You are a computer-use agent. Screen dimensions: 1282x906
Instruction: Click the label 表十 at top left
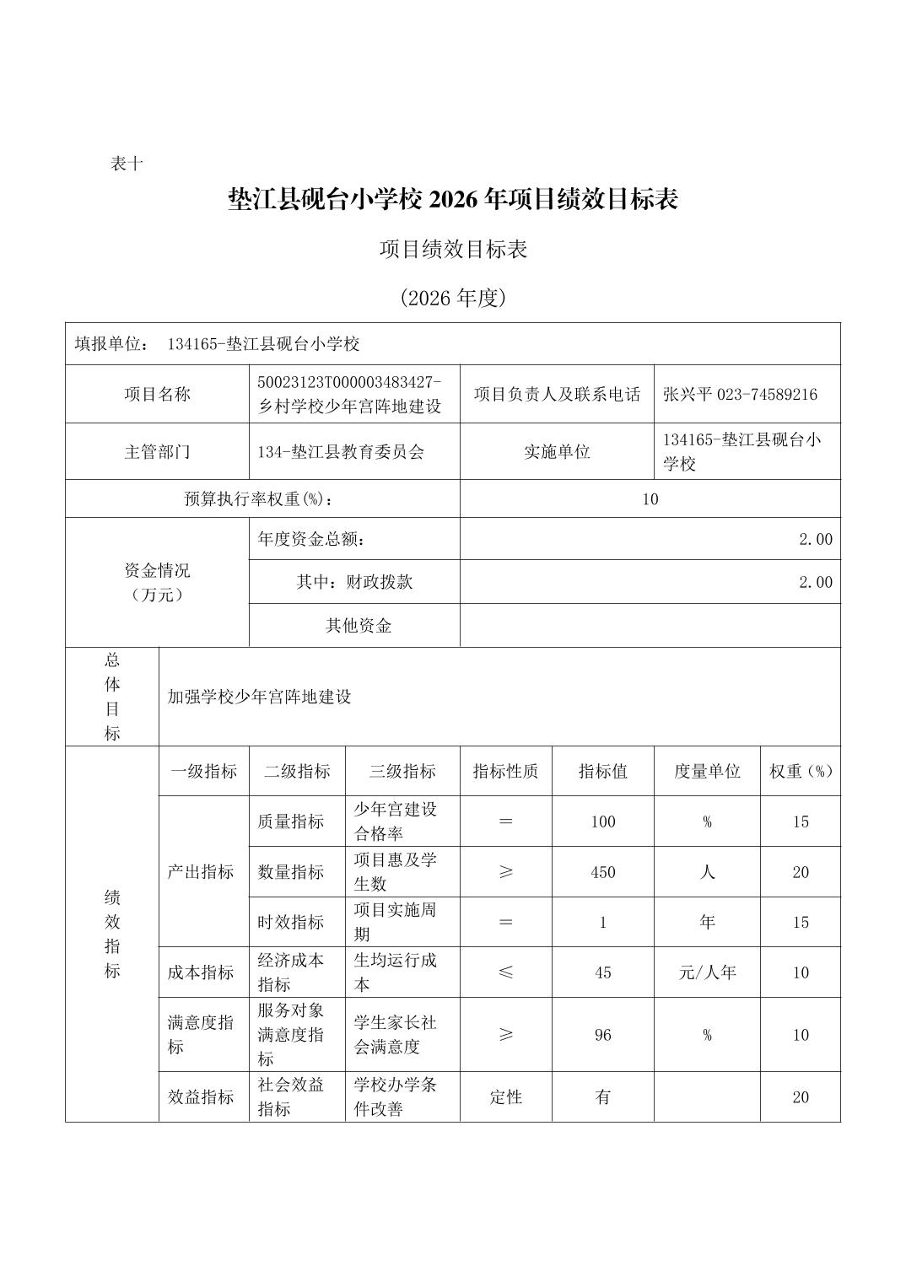127,164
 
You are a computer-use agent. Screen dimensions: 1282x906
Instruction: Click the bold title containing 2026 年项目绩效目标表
453,200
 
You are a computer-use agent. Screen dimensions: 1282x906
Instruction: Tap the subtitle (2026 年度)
453,298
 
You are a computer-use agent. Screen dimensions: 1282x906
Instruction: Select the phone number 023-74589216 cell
741,395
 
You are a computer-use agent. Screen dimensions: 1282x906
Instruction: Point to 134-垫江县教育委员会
341,452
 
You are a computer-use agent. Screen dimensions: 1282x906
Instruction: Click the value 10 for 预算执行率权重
650,499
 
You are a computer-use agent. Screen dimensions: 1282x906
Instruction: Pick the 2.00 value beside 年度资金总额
815,540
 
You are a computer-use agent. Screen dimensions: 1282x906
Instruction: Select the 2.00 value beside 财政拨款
815,583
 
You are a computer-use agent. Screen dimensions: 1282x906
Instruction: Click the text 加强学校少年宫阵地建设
259,698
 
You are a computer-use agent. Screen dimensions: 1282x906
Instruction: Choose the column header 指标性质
505,772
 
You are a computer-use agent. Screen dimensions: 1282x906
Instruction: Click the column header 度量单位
706,772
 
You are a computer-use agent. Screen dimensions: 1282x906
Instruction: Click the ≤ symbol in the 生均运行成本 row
505,972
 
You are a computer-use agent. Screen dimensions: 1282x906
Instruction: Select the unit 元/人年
706,972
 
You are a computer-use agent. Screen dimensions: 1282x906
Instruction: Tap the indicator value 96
602,1035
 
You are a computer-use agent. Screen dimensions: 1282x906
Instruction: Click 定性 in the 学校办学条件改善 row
505,1097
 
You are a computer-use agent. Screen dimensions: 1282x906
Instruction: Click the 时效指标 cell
290,923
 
